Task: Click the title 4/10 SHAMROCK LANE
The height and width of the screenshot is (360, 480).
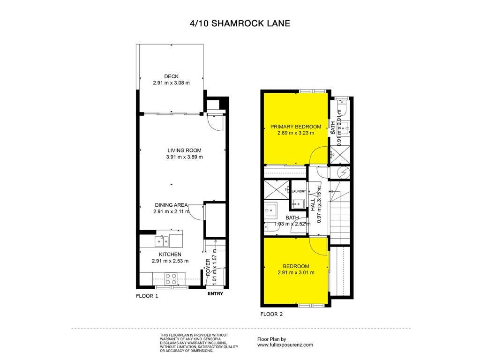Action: tap(240, 23)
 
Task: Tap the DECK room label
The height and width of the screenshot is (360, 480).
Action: tap(171, 76)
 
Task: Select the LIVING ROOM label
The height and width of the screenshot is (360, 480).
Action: tap(184, 150)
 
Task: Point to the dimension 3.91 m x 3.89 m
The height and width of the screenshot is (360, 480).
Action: tap(184, 157)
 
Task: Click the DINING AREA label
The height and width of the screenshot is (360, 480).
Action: tap(171, 205)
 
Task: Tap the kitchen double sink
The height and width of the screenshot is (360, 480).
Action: tap(161, 241)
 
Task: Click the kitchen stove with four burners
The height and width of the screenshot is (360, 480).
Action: tap(171, 279)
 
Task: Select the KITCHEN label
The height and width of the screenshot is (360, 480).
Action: tap(170, 255)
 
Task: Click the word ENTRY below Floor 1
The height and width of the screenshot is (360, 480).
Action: tap(216, 293)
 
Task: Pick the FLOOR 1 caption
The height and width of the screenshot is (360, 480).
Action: tap(147, 296)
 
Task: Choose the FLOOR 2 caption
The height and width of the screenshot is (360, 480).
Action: tap(271, 314)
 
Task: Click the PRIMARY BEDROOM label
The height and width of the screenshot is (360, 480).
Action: tap(296, 127)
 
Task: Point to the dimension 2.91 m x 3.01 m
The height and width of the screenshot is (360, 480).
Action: tap(296, 272)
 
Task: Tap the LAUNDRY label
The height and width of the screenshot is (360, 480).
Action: tap(299, 191)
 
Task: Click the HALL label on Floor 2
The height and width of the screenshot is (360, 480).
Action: tap(313, 204)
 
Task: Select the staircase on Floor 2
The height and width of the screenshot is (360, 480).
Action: tap(340, 213)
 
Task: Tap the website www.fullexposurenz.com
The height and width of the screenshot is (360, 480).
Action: tap(285, 345)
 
